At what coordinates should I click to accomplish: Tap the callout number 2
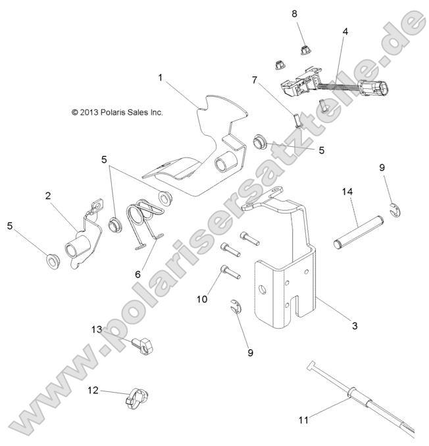pos(48,195)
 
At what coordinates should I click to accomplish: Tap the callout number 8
pos(294,13)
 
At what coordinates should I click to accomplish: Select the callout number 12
pos(93,390)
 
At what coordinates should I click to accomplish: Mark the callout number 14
pos(347,192)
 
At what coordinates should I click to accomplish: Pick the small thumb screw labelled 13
pos(139,343)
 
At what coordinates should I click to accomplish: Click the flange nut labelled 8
pos(304,48)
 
